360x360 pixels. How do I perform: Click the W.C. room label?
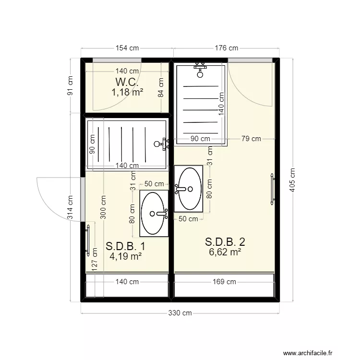coord(127,82)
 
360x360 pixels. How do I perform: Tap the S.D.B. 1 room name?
coord(125,246)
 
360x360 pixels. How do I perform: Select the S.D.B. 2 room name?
coord(225,242)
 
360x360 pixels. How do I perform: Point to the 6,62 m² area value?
coord(225,252)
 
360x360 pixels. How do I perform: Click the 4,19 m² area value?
coord(125,256)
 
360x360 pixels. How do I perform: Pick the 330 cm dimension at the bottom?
coord(180,313)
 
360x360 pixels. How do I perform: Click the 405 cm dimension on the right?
coord(292,180)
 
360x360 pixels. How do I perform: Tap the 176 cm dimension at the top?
coord(227,48)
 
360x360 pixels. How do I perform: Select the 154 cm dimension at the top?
coord(127,48)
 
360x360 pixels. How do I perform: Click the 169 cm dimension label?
coord(224,282)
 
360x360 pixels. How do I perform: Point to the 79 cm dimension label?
coord(251,139)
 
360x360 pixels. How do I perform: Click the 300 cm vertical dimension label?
coord(103,207)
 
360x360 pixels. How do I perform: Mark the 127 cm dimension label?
coord(95,260)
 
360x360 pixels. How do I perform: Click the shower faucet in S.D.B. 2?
coord(200,70)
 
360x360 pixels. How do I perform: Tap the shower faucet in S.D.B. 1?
coord(162,144)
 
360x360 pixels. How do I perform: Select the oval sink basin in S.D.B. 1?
coord(153,214)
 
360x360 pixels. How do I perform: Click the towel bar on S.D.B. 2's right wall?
coord(272,189)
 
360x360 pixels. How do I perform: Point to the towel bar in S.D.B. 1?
coord(88,240)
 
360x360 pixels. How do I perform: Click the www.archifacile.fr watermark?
coord(308,353)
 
